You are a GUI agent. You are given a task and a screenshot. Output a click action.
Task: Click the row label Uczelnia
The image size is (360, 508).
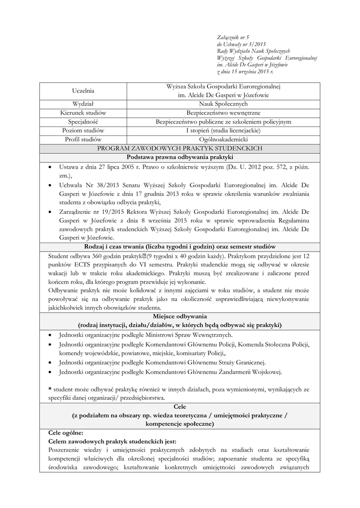[83, 90]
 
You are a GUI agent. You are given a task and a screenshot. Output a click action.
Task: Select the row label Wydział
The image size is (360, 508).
[83, 104]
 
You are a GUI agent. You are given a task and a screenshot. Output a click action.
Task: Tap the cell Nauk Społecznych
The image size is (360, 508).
[223, 104]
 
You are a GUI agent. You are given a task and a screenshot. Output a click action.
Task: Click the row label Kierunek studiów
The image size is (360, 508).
[83, 113]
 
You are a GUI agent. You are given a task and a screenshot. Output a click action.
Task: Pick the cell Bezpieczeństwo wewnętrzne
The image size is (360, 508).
[223, 113]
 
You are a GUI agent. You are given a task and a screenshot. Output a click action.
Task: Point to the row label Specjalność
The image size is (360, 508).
[83, 122]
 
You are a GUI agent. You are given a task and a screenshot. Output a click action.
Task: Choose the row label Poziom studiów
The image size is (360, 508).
[83, 130]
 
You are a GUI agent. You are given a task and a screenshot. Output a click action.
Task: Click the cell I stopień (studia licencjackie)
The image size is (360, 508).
[223, 130]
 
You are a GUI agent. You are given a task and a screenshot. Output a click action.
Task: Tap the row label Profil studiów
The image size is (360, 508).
[83, 139]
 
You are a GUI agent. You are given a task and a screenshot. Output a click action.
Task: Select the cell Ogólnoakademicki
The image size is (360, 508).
[223, 139]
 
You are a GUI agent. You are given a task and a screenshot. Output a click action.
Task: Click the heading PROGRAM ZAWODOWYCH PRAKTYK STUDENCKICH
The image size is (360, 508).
[180, 148]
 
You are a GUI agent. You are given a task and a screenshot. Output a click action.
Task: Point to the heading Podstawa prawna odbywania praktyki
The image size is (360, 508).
[180, 157]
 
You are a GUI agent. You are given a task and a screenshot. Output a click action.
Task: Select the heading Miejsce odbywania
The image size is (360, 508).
[180, 316]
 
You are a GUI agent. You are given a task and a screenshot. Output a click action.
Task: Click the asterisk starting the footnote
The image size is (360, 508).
[50, 389]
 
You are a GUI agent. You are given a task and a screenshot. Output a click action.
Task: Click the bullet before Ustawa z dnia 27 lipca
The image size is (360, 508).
[51, 167]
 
